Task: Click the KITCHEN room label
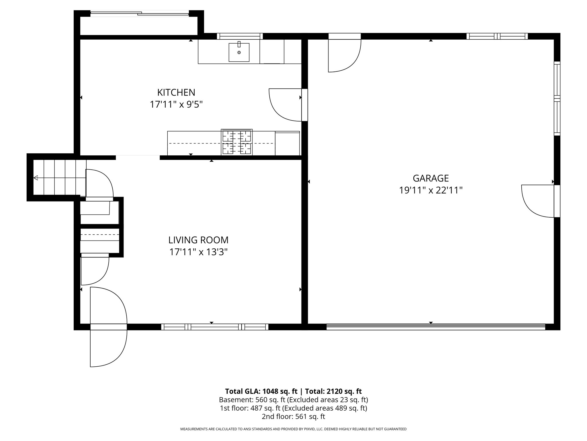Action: [x=176, y=92]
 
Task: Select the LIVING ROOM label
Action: [x=198, y=240]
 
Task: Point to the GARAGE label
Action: [x=431, y=178]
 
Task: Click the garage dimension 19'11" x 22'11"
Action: [x=431, y=190]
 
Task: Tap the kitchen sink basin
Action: [x=239, y=52]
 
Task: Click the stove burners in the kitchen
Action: [x=237, y=142]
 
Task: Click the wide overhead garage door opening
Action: [x=436, y=327]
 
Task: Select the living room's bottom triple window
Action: [x=215, y=327]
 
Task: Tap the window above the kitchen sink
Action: [x=240, y=36]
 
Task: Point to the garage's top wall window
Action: [x=497, y=36]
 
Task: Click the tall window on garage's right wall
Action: [x=557, y=98]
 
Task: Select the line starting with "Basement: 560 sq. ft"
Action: [x=293, y=400]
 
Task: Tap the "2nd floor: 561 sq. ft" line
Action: [x=293, y=416]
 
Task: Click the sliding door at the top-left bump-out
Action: [x=140, y=13]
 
